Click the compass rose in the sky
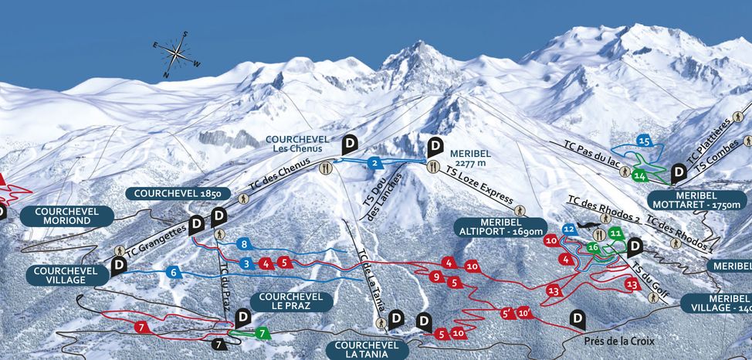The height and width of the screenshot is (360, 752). point(176,54)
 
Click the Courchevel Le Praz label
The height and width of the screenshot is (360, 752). point(286,301)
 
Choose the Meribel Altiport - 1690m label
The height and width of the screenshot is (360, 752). point(502,226)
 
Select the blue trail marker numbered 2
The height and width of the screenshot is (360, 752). point(374,163)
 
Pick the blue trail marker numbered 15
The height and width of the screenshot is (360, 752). point(645,141)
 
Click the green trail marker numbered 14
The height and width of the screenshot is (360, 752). point(639,175)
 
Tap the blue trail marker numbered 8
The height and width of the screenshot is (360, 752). point(244,245)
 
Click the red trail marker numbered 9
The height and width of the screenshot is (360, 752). point(436,277)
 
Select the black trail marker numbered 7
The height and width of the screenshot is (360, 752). point(219,343)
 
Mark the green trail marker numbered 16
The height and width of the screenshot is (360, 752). point(593,247)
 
